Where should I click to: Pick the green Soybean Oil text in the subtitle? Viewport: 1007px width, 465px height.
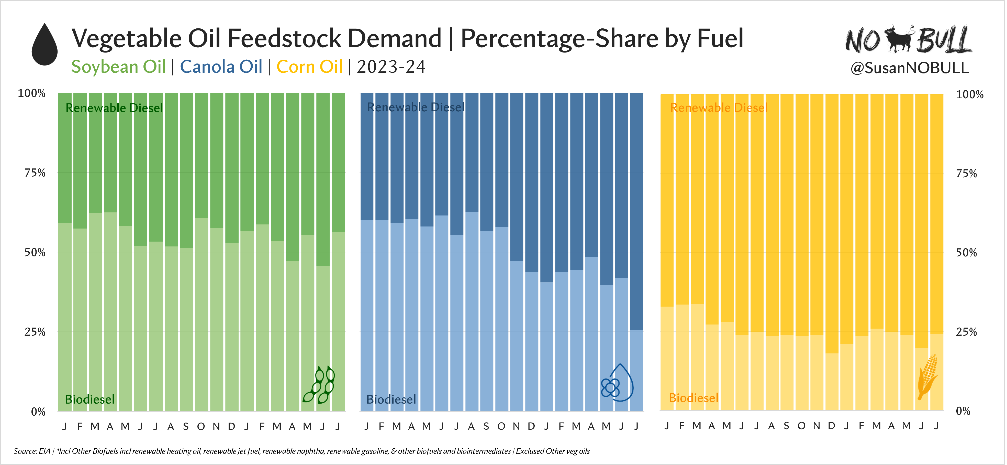(x=118, y=67)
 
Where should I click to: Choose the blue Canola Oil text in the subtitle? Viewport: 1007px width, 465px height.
(x=221, y=67)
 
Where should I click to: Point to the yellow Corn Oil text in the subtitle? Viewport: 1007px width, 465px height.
(x=309, y=67)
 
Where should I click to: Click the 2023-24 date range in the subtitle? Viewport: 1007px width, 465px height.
(x=391, y=67)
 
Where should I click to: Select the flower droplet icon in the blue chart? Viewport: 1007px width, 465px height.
(x=617, y=383)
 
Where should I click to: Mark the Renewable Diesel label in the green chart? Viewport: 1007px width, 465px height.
(x=114, y=108)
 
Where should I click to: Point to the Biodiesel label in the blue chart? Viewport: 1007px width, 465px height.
(x=391, y=399)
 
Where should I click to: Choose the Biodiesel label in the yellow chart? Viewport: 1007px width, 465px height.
(x=693, y=398)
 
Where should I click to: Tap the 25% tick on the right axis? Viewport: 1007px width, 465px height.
(x=966, y=332)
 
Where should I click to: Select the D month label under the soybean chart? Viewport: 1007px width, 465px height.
(x=231, y=426)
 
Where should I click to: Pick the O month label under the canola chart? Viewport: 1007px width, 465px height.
(x=501, y=426)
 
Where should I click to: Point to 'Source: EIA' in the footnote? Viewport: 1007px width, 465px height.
(x=32, y=451)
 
